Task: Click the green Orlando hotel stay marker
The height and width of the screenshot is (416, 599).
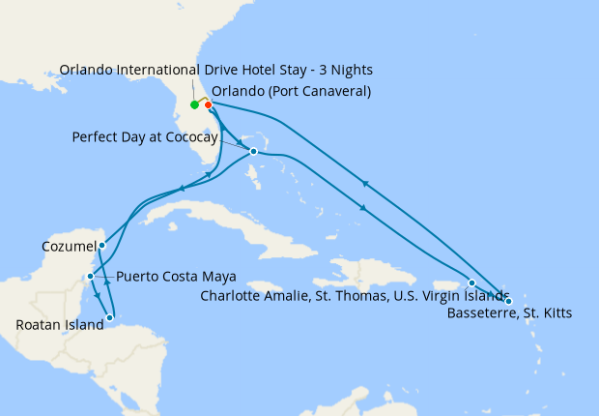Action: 194,104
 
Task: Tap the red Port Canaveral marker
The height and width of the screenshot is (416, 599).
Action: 208,104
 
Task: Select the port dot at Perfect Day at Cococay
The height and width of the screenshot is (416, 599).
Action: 253,152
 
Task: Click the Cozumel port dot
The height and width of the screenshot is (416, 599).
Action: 101,246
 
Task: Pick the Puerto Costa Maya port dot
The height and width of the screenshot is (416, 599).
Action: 90,277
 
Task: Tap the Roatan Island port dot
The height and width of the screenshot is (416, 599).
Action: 110,316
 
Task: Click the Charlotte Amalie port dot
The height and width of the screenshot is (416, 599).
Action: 471,282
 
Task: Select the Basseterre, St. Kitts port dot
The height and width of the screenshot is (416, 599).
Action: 508,301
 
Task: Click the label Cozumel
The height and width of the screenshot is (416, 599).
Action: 69,247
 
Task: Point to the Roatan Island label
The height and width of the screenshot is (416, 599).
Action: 60,325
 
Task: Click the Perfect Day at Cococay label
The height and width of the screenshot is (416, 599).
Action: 146,137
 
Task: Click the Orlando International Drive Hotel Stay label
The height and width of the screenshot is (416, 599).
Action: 215,71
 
